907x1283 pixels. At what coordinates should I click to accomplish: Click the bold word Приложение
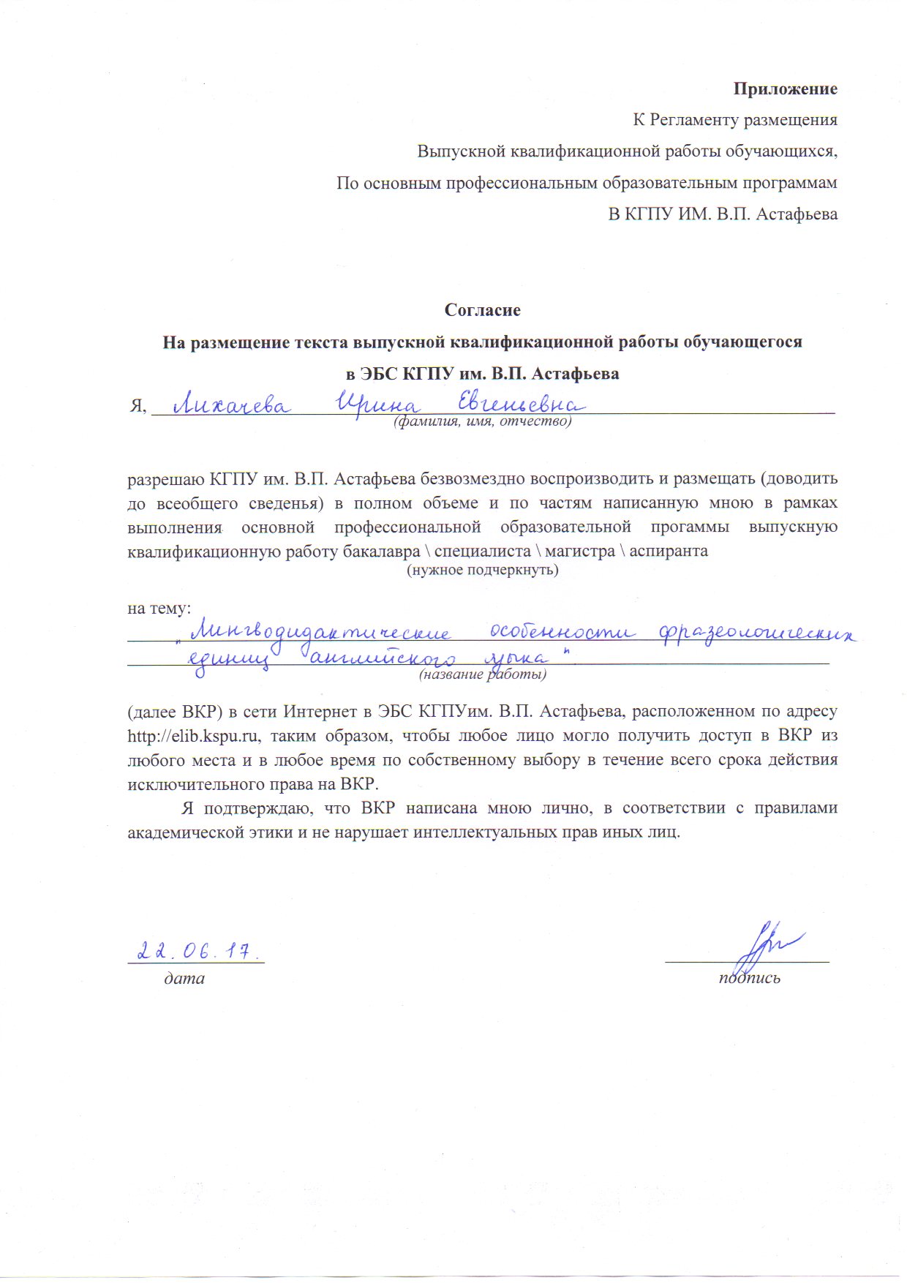coord(786,89)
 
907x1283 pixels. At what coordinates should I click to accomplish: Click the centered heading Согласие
coord(483,310)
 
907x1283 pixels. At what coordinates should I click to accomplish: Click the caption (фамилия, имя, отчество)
coord(482,422)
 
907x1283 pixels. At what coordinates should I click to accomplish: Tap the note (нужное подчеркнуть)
coord(482,570)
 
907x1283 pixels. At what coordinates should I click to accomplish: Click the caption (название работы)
coord(482,674)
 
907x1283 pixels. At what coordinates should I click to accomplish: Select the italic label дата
coord(184,978)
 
